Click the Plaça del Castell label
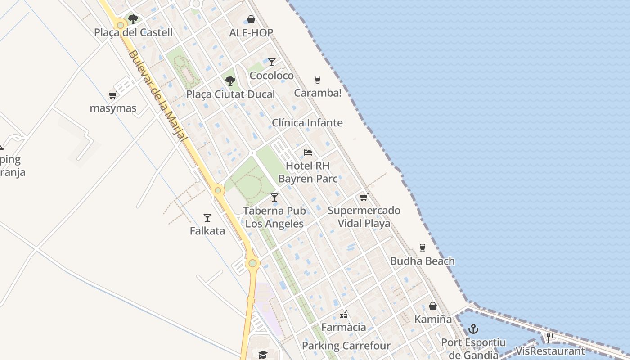(133, 32)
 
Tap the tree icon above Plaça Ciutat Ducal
(230, 81)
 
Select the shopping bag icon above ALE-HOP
(251, 19)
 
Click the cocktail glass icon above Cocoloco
(272, 62)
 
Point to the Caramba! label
(318, 93)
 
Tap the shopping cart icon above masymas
(113, 95)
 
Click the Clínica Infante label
(307, 123)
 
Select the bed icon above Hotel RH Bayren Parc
(308, 152)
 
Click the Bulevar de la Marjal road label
(157, 97)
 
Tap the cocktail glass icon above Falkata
(207, 218)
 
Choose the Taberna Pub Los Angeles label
(274, 217)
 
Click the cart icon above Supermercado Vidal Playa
(364, 197)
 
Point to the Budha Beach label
(422, 261)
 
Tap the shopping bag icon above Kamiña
(433, 306)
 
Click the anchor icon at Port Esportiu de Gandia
(473, 329)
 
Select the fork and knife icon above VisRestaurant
(550, 337)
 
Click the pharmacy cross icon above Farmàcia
(344, 314)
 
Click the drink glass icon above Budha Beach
(422, 247)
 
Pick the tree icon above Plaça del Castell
(133, 19)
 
